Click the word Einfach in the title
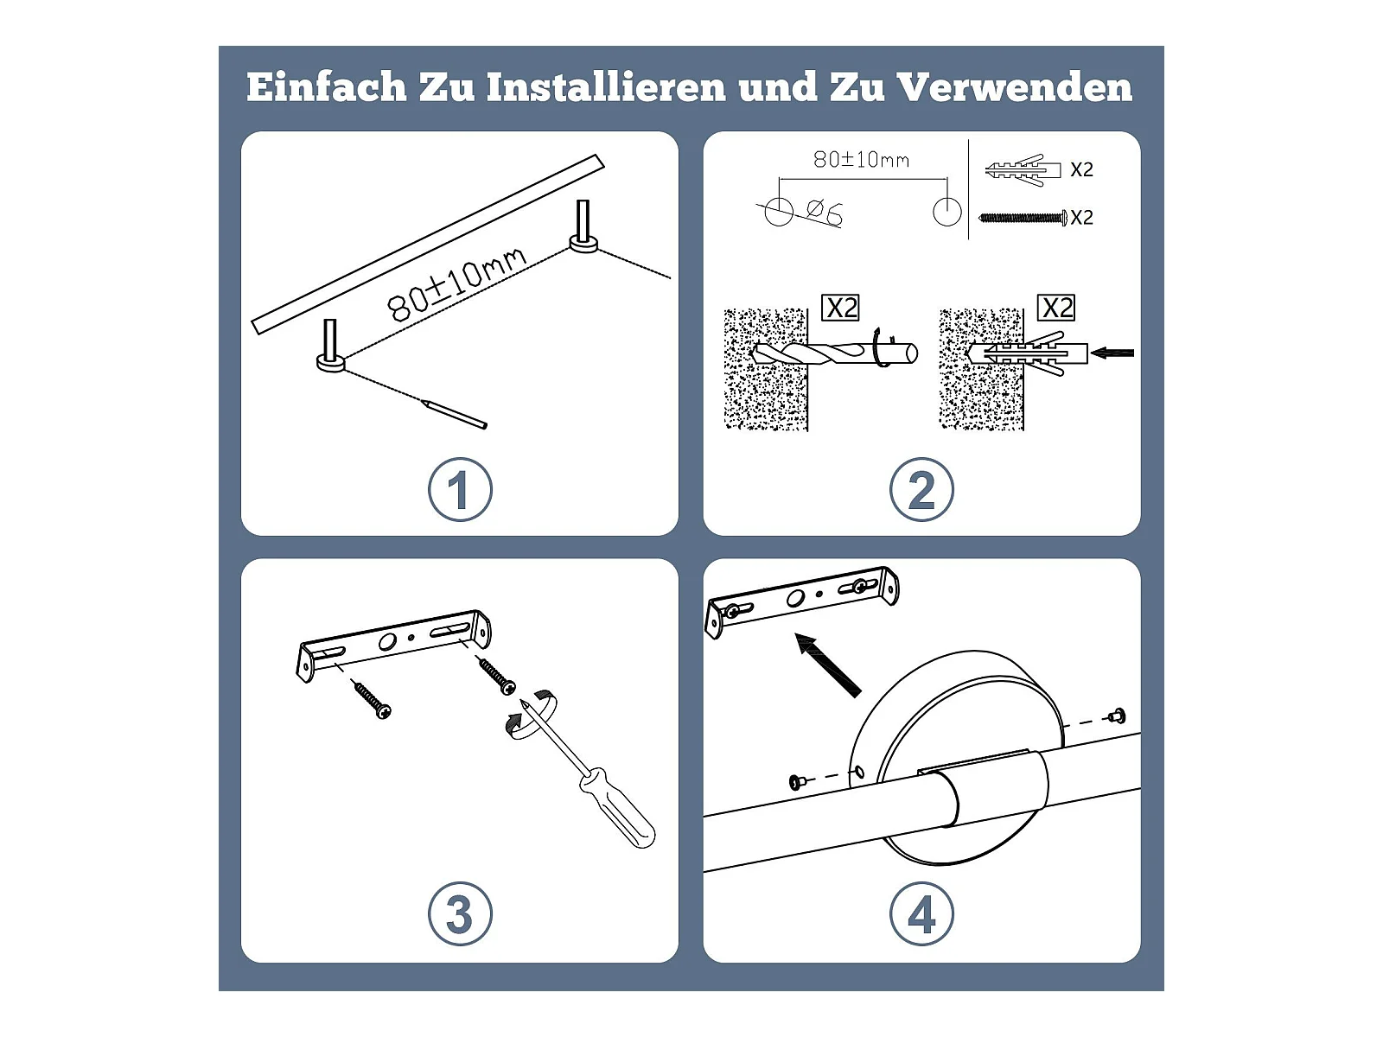pos(327,86)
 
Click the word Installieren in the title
pos(606,86)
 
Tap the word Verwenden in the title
pos(1014,86)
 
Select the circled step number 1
pos(460,489)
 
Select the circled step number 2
pos(921,489)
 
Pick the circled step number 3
pos(460,913)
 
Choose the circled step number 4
pos(921,913)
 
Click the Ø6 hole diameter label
pos(824,212)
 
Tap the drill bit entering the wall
pos(835,353)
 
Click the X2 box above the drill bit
pos(840,308)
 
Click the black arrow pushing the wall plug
pos(1112,353)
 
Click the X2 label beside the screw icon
pos(1082,218)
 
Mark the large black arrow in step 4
pos(828,665)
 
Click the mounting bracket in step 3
pos(394,645)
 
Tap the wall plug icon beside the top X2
pos(1023,170)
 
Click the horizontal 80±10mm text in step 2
pos(861,160)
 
